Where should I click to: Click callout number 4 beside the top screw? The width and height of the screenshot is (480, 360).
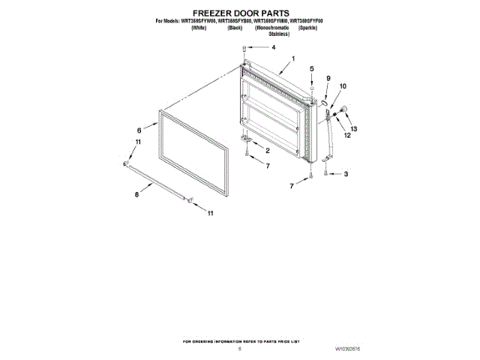coord(273,47)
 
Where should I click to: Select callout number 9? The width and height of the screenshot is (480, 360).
coord(328,78)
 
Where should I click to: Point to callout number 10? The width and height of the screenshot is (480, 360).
coord(343,87)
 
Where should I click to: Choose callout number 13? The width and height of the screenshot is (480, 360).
coord(354,129)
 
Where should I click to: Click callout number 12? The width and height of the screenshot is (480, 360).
coord(347,136)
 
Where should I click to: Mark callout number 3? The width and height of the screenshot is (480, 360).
coord(345,174)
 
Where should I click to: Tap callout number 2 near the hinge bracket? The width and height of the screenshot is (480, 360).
coord(267,151)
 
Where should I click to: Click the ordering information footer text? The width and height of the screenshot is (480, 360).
coord(240,341)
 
